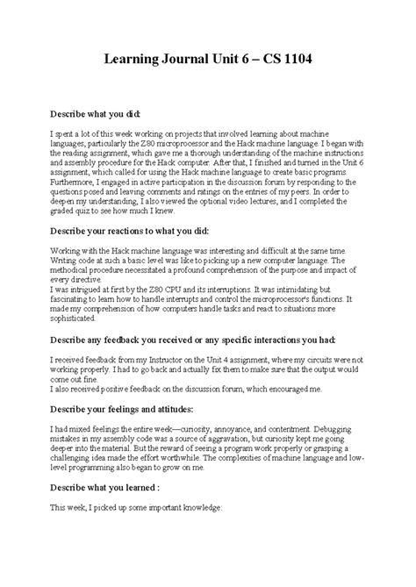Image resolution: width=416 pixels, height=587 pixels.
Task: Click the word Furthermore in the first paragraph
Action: (72, 182)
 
